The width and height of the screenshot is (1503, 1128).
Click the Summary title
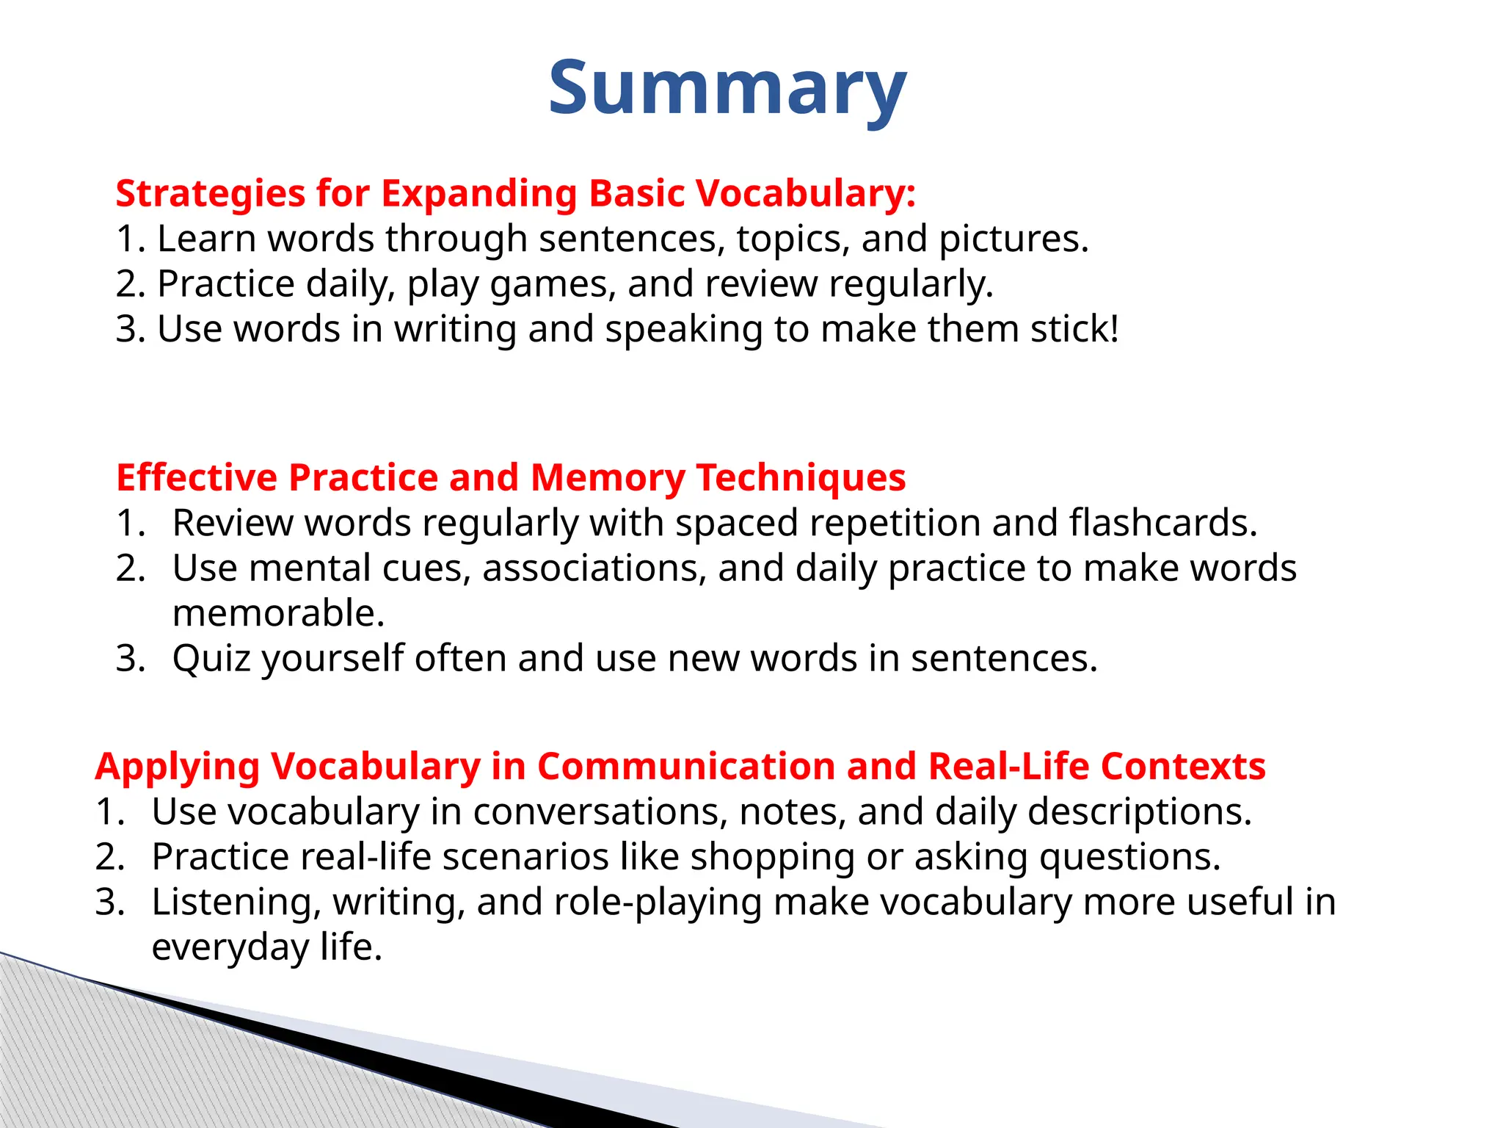[x=727, y=88]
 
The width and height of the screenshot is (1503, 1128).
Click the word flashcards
[x=1162, y=523]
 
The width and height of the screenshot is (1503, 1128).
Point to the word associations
[x=594, y=568]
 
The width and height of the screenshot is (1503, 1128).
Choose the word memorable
[x=278, y=613]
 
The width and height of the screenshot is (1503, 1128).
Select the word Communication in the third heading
[x=686, y=767]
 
